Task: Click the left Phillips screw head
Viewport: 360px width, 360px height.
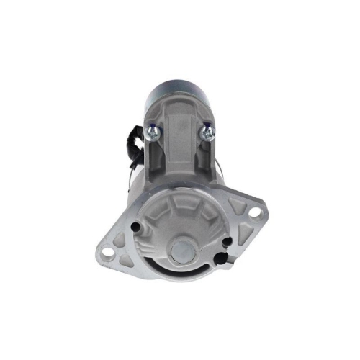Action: coord(153,131)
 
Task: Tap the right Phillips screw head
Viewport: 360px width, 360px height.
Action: coord(207,131)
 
